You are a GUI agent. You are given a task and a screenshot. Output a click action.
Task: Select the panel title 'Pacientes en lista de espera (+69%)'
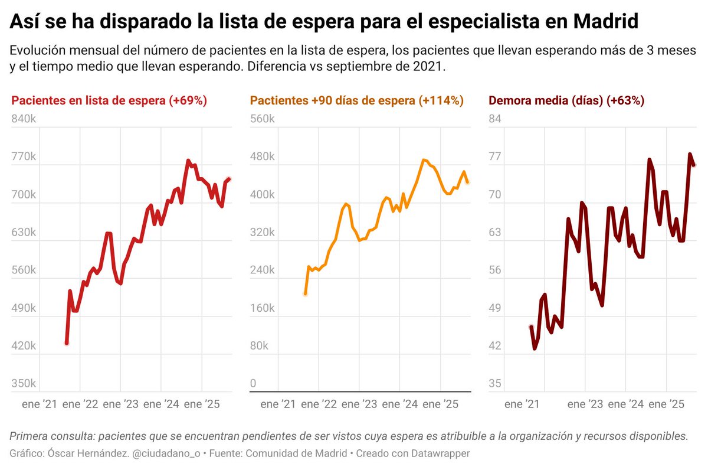(x=109, y=100)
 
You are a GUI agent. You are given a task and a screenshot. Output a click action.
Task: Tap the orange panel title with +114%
(x=357, y=100)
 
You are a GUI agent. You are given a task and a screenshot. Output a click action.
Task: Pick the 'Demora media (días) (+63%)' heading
(x=566, y=100)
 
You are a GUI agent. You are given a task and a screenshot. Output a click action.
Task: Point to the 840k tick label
(x=24, y=119)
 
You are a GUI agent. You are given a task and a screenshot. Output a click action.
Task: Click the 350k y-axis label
(x=24, y=384)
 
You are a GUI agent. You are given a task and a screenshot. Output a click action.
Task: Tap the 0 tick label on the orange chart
(x=253, y=384)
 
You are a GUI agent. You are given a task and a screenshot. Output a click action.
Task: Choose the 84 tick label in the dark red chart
(x=495, y=119)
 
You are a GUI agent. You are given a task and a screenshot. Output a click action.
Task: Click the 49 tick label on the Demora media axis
(x=495, y=308)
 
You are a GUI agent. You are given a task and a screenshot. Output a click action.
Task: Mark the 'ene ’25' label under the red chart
(x=202, y=404)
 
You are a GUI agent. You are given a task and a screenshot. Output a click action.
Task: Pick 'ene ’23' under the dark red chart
(x=585, y=404)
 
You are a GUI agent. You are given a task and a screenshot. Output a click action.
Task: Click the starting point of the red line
(x=67, y=343)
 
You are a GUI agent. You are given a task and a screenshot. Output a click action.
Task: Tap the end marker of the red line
(x=229, y=179)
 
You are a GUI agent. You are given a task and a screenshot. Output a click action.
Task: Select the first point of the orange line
(x=305, y=293)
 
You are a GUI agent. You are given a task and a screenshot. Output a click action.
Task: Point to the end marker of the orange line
(x=468, y=182)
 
